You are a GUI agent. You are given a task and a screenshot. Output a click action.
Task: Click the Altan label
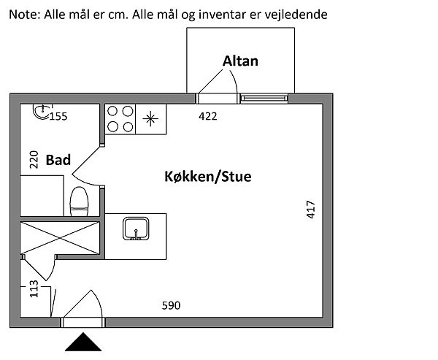[x=240, y=61]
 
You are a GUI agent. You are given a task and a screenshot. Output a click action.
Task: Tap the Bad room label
[x=58, y=160]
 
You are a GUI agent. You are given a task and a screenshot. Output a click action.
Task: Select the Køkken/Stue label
[x=207, y=177]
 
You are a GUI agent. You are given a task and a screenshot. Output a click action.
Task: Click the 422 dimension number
[x=208, y=115]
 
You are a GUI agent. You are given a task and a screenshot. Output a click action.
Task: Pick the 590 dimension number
[x=170, y=305]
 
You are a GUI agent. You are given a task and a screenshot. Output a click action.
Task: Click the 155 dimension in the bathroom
[x=58, y=116]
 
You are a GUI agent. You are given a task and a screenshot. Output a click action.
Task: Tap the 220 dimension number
[x=33, y=160]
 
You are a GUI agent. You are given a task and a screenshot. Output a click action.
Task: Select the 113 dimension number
[x=34, y=291]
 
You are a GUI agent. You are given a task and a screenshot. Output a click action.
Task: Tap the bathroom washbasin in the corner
[x=43, y=112]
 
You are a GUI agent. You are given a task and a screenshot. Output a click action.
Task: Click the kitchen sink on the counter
[x=136, y=229]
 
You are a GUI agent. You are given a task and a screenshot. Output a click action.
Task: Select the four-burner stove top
[x=120, y=119]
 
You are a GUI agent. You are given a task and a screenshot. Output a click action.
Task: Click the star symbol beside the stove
[x=150, y=119]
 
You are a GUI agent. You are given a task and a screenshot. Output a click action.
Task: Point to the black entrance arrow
[x=85, y=342]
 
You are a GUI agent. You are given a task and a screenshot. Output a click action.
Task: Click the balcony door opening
[x=216, y=98]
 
